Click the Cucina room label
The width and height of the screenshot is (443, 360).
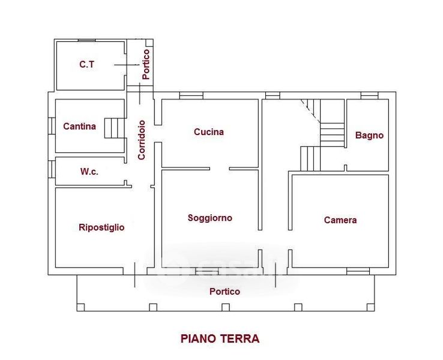click(209, 132)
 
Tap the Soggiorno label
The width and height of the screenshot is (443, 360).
click(210, 218)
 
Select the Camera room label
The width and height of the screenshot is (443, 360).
click(340, 220)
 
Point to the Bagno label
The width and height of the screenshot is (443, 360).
click(369, 135)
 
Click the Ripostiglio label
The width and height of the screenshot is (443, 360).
click(101, 227)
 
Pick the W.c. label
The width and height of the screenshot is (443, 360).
click(89, 172)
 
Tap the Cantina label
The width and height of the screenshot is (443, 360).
click(79, 126)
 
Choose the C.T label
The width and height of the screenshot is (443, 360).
click(86, 64)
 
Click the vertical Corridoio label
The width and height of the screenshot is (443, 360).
click(141, 140)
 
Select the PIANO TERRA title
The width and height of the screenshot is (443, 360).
click(220, 338)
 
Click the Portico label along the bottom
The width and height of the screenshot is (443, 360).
click(225, 292)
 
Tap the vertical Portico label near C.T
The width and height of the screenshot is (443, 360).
click(146, 64)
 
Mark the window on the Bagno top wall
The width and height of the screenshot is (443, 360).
click(369, 95)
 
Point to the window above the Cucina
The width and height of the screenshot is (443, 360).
click(191, 95)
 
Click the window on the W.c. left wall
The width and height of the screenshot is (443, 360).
click(52, 169)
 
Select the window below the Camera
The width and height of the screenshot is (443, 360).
click(358, 271)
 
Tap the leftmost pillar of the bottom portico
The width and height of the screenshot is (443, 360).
click(81, 307)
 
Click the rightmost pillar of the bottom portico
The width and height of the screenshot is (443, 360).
click(371, 307)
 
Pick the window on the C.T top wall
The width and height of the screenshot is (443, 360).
click(86, 41)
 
